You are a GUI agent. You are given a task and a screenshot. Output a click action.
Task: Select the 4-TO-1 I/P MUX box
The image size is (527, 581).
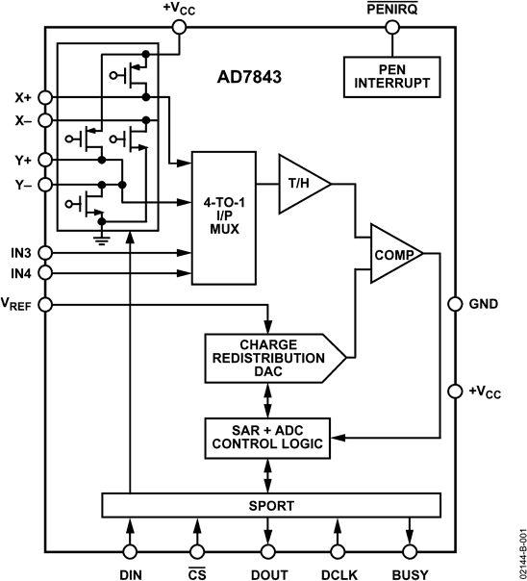(223, 216)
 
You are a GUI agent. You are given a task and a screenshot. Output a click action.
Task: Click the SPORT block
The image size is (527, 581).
(272, 505)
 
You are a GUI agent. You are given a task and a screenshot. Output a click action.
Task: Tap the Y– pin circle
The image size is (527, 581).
(45, 182)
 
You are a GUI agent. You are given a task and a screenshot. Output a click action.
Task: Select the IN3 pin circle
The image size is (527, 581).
(45, 253)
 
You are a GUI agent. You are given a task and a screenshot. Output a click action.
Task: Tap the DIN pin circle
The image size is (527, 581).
(129, 551)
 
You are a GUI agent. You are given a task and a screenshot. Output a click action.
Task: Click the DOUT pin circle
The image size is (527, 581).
(268, 551)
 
